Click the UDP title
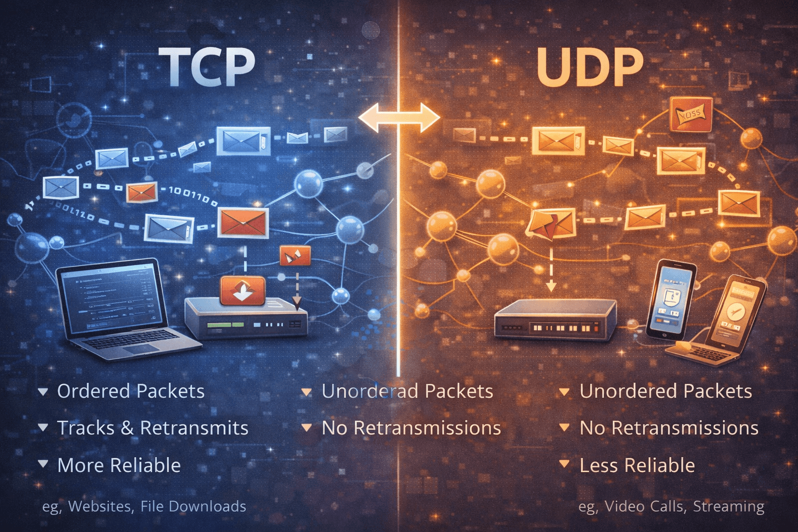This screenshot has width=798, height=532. point(590,67)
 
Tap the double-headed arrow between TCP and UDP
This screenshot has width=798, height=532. point(399,117)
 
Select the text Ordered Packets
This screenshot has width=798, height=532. point(130,391)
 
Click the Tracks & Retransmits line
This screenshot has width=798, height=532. point(152,428)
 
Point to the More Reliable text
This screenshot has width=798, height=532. point(119,465)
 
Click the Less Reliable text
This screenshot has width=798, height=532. point(637,465)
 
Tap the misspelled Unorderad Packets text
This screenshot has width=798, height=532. point(407,391)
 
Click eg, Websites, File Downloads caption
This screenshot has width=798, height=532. point(144,506)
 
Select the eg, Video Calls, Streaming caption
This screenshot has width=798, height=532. point(671,506)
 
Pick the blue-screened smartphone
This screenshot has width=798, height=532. point(673,299)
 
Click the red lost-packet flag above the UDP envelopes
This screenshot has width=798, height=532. point(691,113)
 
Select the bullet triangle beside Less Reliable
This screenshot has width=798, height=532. point(564,464)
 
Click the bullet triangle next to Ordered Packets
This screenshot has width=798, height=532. point(43,391)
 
